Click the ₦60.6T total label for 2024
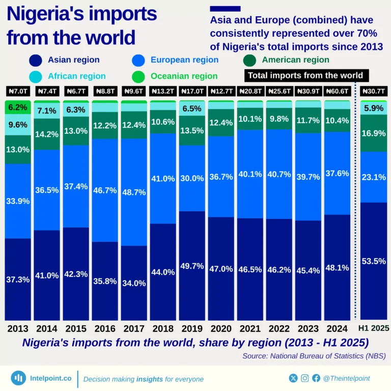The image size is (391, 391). (x=337, y=92)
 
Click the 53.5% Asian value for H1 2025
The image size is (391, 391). (x=374, y=261)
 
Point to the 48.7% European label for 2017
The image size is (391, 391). (x=134, y=192)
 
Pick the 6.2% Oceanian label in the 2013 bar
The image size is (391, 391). (x=17, y=107)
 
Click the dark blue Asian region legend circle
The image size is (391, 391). (x=36, y=60)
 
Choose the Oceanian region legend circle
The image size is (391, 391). (x=138, y=76)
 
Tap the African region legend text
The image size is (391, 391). (x=77, y=76)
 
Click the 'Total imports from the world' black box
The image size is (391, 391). (x=305, y=75)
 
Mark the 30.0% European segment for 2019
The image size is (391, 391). (x=192, y=179)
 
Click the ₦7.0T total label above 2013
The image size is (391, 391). (x=17, y=92)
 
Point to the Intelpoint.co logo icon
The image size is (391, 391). (x=18, y=378)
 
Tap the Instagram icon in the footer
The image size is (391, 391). (x=304, y=378)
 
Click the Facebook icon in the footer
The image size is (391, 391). (x=316, y=378)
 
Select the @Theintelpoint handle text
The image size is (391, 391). (x=347, y=378)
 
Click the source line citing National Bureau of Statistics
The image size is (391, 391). (x=314, y=356)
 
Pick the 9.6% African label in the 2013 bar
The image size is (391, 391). (x=17, y=124)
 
